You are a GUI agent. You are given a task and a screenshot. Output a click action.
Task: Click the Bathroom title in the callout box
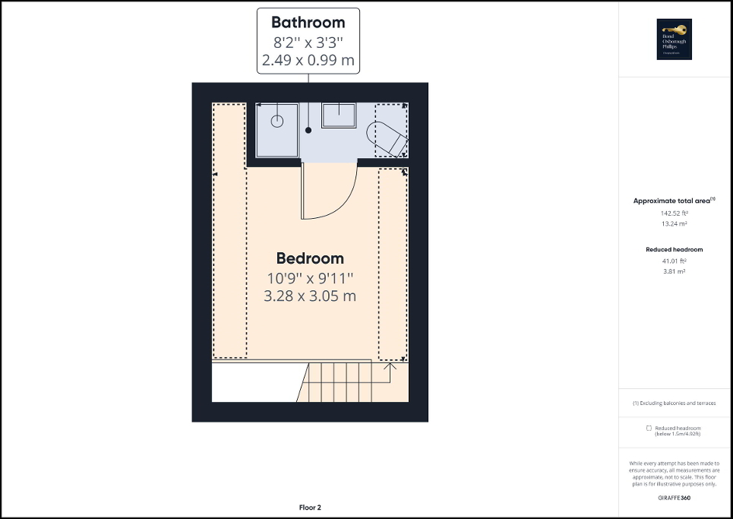tap(308, 23)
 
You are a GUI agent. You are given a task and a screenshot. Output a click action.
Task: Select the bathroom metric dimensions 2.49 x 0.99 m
tap(308, 60)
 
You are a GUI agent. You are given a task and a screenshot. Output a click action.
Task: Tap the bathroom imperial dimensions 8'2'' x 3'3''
tap(308, 42)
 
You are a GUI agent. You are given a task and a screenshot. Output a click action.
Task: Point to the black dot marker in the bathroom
tap(308, 131)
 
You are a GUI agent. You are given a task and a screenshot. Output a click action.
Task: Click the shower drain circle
tap(277, 120)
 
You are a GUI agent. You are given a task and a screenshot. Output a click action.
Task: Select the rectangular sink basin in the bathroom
tap(339, 116)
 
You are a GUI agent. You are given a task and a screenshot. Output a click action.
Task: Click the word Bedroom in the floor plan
tap(310, 258)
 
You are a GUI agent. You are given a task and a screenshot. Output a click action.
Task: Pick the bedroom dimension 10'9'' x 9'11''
tap(310, 277)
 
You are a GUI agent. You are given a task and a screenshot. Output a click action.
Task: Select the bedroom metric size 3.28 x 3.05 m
tap(310, 296)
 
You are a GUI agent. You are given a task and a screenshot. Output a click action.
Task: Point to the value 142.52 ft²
tap(675, 214)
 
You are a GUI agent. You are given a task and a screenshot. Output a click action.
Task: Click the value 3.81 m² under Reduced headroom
tap(675, 271)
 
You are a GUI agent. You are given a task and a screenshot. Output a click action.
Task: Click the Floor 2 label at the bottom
tap(310, 507)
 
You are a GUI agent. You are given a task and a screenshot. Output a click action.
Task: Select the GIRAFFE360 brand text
tap(675, 498)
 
